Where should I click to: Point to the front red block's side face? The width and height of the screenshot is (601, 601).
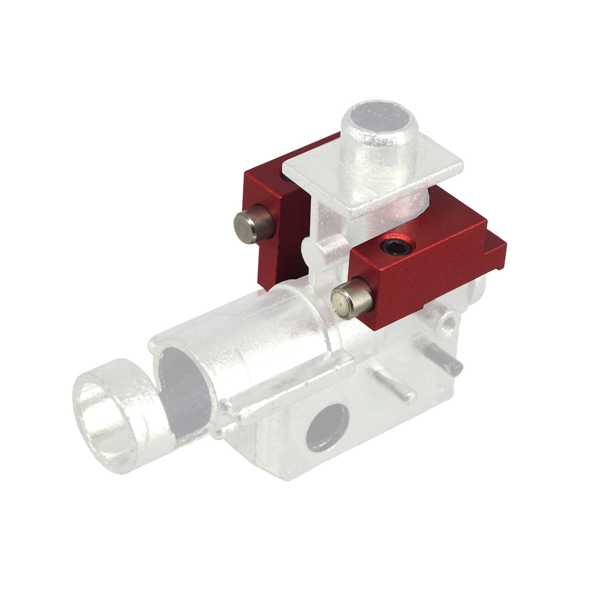[x=426, y=287]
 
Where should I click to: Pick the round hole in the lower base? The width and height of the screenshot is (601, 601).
[x=327, y=427]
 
